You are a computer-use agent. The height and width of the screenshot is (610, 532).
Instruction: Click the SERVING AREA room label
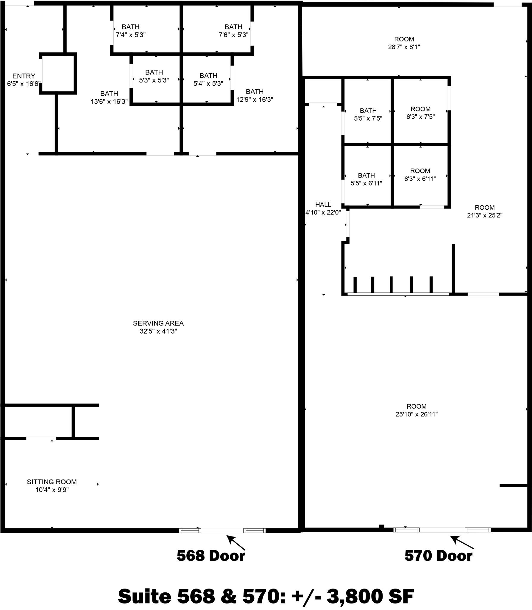[158, 323]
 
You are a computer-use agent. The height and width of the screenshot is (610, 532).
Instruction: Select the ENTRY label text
[24, 76]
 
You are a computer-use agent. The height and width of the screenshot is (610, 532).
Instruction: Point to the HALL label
[323, 205]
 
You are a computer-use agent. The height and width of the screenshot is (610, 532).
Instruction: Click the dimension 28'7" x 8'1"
[404, 47]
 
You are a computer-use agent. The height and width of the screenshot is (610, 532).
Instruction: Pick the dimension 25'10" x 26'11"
[416, 414]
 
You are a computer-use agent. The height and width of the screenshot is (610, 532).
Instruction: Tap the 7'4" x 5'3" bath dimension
[130, 35]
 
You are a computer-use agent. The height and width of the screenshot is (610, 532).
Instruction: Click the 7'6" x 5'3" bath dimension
[233, 35]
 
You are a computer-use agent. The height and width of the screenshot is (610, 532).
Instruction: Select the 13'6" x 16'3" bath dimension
[109, 102]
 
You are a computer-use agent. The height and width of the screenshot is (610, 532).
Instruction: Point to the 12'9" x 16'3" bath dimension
[255, 99]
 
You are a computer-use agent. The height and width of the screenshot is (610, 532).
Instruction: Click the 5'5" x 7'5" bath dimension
[368, 119]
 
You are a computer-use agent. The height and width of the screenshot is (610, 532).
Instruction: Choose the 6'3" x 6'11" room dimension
[420, 179]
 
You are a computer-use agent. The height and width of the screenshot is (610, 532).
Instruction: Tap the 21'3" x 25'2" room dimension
[485, 215]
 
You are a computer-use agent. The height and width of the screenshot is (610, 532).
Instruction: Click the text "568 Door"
[211, 556]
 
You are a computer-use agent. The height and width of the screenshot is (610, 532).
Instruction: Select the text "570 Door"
[438, 556]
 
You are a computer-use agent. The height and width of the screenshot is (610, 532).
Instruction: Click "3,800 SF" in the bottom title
[370, 595]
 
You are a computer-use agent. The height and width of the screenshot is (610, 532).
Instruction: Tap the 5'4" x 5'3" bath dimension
[208, 84]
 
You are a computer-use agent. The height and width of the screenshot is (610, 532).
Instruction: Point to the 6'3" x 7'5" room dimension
[420, 117]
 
